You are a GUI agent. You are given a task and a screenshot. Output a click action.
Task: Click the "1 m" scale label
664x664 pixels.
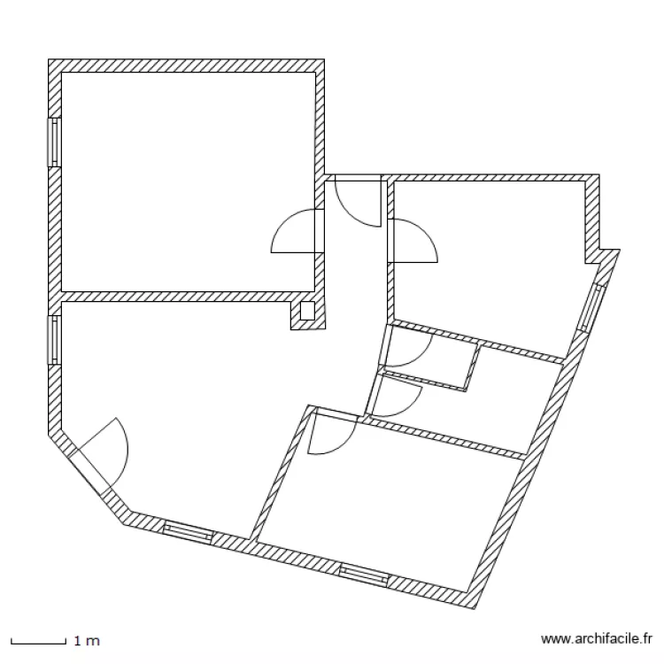tap(86, 639)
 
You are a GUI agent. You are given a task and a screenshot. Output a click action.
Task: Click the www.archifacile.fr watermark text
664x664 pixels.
tap(596, 638)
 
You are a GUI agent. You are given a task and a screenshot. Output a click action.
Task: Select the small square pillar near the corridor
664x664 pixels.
tap(307, 311)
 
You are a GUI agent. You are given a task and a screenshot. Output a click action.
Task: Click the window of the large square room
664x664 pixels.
tap(54, 142)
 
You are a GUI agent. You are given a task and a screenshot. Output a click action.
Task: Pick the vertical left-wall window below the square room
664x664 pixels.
tap(54, 338)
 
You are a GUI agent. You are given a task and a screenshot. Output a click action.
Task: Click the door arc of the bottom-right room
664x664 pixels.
tap(332, 436)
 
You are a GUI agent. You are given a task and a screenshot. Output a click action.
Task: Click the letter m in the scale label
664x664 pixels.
tap(94, 639)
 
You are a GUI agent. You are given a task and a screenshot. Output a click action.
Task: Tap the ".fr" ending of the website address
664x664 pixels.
tap(645, 638)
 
